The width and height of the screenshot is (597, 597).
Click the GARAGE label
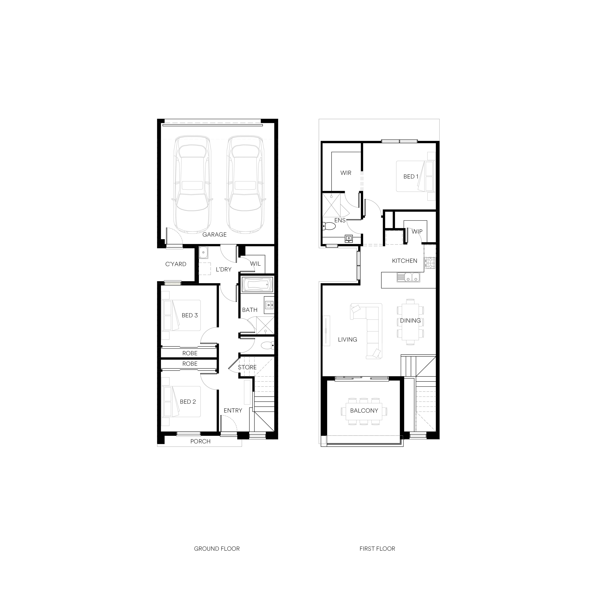pos(214,235)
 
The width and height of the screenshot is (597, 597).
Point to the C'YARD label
pos(176,264)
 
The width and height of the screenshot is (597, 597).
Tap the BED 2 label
pos(188,402)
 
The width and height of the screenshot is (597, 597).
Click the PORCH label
pos(200,442)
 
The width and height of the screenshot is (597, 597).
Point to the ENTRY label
pos(233,411)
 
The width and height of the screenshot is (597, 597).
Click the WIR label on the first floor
pos(346,173)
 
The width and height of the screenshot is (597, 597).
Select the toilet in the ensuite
pos(329,227)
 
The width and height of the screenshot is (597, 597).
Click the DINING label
pos(410,321)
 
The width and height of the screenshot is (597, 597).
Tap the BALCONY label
pos(364,411)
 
